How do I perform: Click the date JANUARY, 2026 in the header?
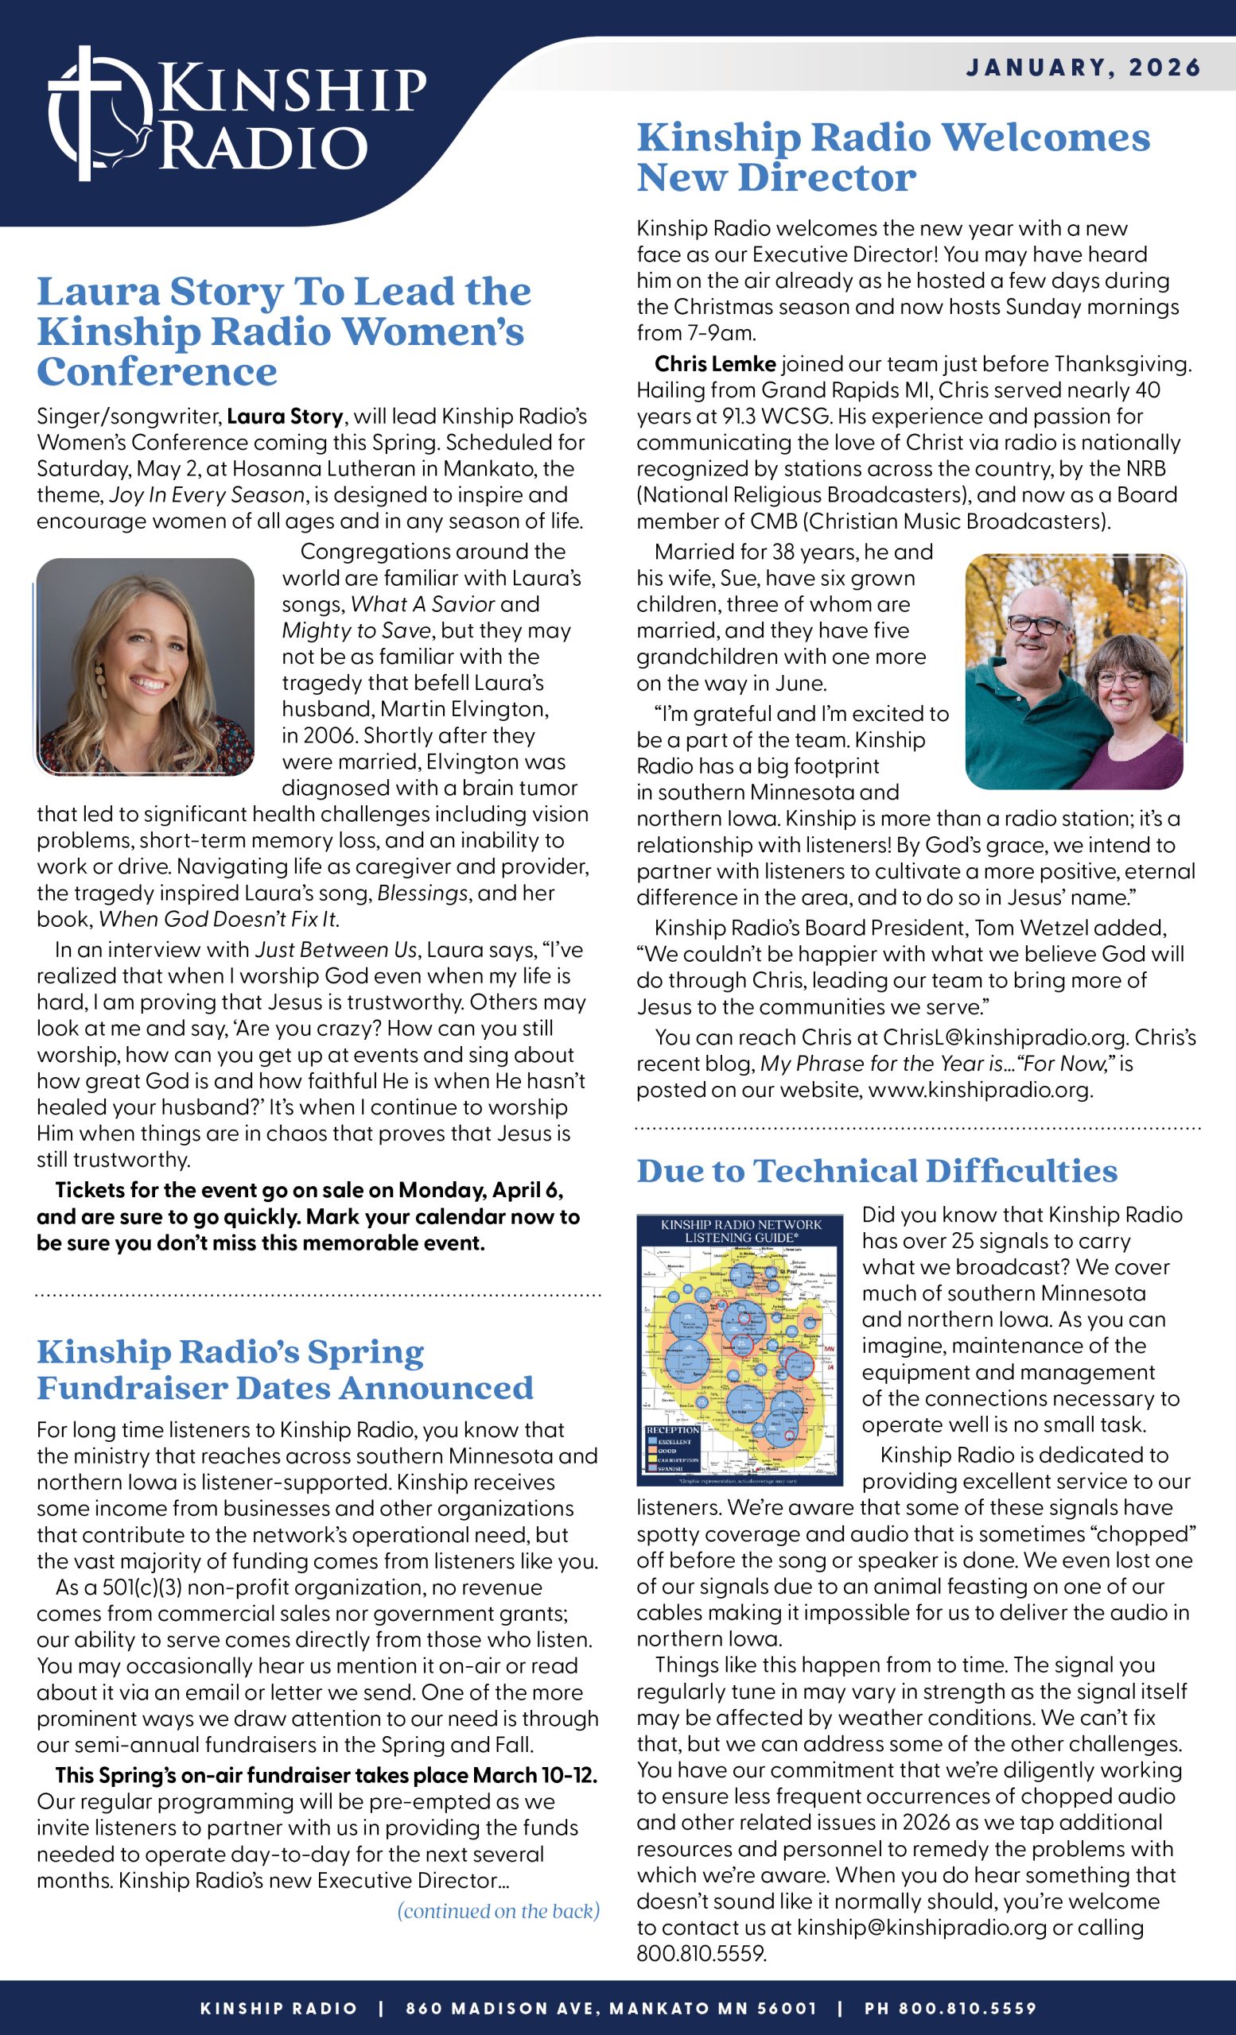point(1083,67)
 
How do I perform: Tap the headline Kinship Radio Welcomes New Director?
point(892,157)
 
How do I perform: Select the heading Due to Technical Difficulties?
point(876,1171)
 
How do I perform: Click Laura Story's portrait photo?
point(146,667)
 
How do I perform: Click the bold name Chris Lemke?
point(715,364)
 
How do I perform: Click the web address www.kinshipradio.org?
point(979,1090)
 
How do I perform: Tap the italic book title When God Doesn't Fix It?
point(218,919)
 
